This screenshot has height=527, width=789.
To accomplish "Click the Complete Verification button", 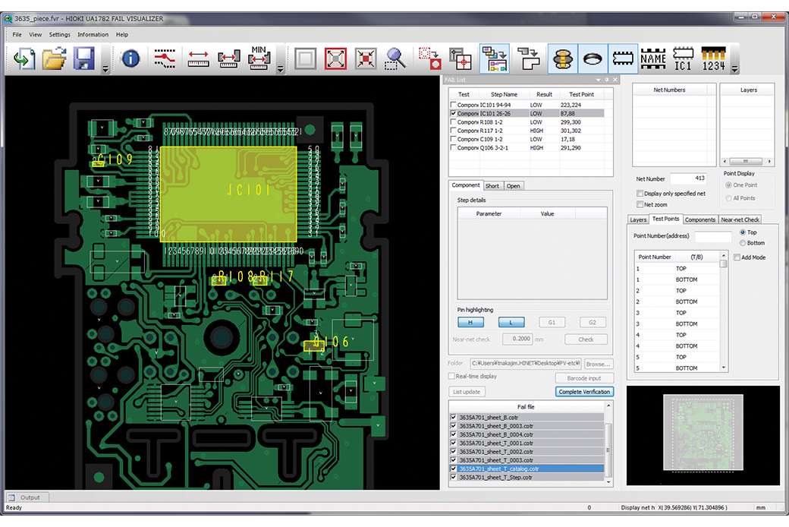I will tap(584, 392).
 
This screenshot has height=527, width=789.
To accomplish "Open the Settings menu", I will tap(59, 34).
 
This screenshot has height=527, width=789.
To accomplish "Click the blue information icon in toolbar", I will tap(130, 58).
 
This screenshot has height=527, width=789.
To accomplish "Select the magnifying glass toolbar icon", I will tap(395, 58).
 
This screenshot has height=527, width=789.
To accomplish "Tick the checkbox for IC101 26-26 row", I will tap(454, 113).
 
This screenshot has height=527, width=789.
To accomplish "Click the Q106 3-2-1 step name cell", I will tap(498, 148).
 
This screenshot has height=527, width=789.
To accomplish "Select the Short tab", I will tap(492, 185).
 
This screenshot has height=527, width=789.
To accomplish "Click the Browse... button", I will tap(597, 364).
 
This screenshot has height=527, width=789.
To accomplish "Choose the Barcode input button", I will tap(584, 378).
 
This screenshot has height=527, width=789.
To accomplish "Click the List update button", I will tap(467, 392).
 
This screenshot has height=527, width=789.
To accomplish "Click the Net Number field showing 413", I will tap(687, 179).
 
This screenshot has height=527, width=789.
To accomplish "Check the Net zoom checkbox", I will tap(640, 204).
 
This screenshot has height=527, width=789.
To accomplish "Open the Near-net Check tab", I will tap(740, 219).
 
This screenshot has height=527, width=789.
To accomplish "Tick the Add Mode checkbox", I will tap(737, 257).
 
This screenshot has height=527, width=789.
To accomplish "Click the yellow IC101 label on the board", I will tap(245, 189).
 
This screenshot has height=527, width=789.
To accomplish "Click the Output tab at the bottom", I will tap(30, 497).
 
